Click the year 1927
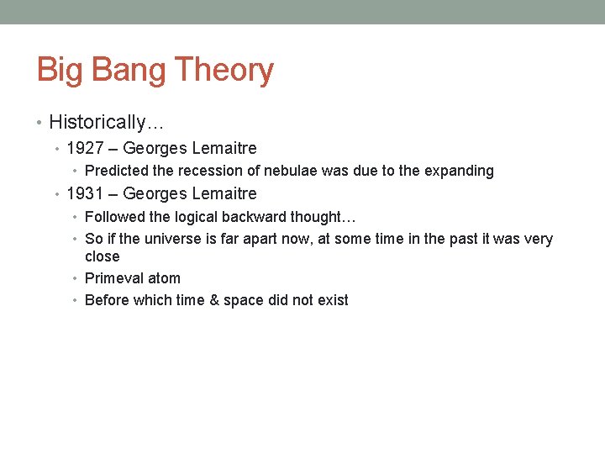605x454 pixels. tap(85, 149)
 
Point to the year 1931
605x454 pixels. tap(85, 194)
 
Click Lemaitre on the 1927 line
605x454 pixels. tap(224, 149)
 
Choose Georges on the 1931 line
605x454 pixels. tap(155, 194)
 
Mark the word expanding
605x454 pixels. tap(459, 172)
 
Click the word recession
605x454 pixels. tap(211, 172)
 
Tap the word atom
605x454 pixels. tap(163, 278)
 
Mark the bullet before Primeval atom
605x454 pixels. tap(77, 278)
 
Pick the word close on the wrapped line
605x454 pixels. tap(103, 256)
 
